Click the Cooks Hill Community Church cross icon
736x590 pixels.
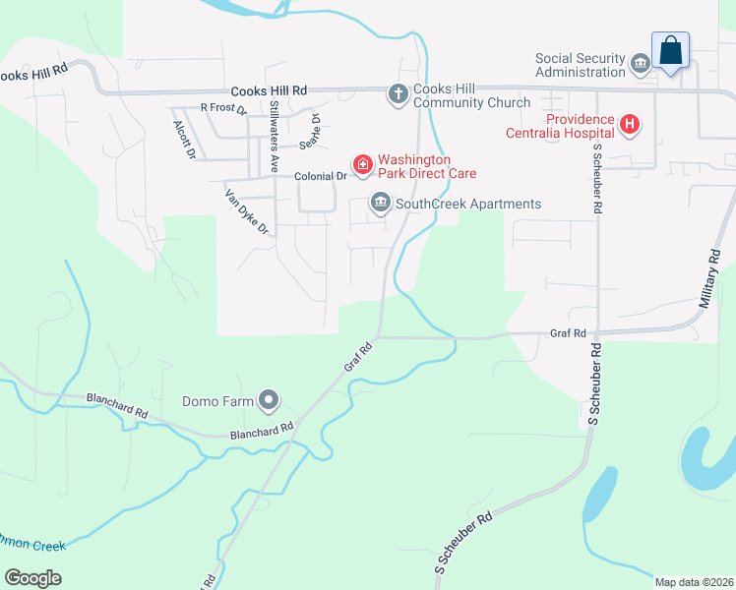point(399,94)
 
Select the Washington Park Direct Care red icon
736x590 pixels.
point(363,164)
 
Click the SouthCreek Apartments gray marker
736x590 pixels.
point(380,204)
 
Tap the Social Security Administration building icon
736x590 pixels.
point(641,65)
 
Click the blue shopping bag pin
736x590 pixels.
point(670,50)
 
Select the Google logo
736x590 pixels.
point(33,577)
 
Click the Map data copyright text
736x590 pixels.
point(694,582)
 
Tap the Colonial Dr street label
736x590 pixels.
point(322,176)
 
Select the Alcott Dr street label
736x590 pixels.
point(184,140)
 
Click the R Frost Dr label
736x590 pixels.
point(223,107)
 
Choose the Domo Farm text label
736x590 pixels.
point(218,401)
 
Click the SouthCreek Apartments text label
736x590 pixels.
point(468,205)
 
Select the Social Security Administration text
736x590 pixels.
point(581,65)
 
